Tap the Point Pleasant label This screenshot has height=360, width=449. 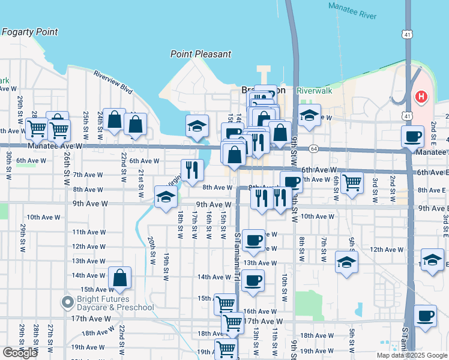coord(200,54)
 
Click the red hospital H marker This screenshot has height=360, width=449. coord(422,96)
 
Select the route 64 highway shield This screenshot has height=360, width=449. coord(314,148)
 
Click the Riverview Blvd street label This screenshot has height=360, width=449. coord(112,82)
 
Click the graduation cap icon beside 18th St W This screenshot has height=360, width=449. coord(166,197)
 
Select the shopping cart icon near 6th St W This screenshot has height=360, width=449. coord(352,181)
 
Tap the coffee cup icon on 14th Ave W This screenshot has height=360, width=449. coord(253,280)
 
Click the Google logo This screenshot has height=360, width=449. coord(20,353)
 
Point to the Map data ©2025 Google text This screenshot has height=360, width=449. coord(411,355)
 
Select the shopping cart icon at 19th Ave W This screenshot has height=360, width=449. coord(226,349)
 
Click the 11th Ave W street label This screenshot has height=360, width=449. coord(89,232)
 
